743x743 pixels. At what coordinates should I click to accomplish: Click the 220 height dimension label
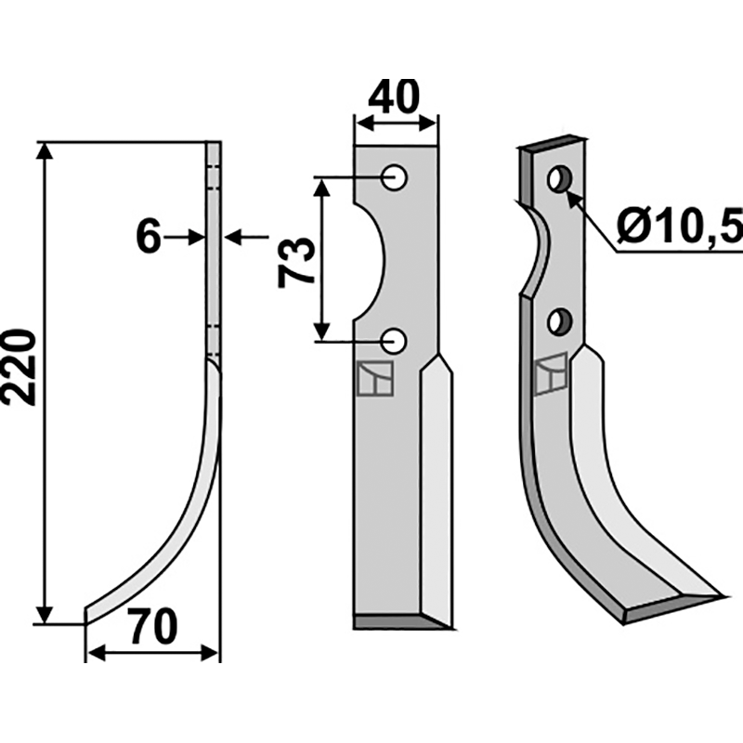[x=20, y=366]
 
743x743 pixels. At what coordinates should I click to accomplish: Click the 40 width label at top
[x=395, y=96]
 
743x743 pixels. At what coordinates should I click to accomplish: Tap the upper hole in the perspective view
[x=559, y=178]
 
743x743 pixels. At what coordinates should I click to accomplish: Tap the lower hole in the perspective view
[x=559, y=322]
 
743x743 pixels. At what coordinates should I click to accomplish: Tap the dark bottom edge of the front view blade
[x=390, y=621]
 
